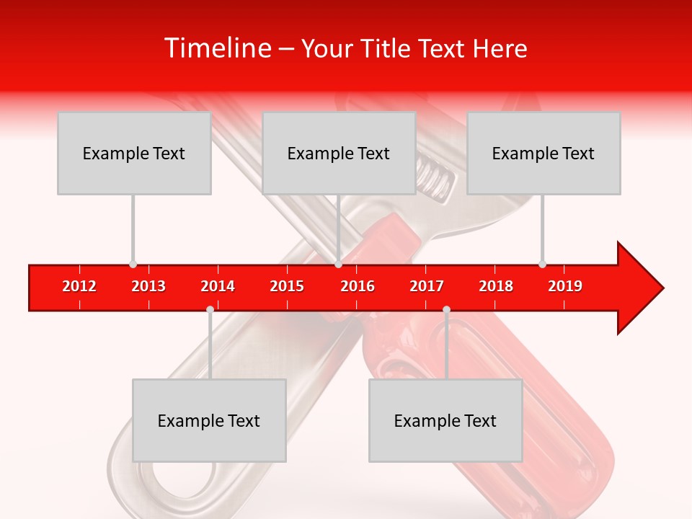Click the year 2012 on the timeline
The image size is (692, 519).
(x=79, y=286)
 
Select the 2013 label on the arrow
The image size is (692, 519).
(x=148, y=286)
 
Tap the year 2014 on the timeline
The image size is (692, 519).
(x=218, y=286)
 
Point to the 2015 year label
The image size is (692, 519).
(x=287, y=286)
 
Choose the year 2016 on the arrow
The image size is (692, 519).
(x=358, y=286)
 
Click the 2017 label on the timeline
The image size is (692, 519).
(x=427, y=286)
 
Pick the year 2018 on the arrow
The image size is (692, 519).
(x=496, y=286)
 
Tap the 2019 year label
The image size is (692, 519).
(x=565, y=286)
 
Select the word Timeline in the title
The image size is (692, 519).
(x=218, y=48)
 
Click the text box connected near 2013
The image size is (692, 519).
(x=134, y=153)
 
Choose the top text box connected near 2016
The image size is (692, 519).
(x=339, y=153)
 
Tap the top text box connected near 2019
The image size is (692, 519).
(x=544, y=153)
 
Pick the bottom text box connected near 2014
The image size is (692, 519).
(x=209, y=420)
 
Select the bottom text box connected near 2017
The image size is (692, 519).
(x=445, y=420)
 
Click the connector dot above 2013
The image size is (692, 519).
(x=133, y=264)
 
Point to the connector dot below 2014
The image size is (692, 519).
(x=210, y=309)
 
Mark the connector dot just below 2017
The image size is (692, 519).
(x=446, y=309)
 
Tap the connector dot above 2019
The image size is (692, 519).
(x=542, y=264)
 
